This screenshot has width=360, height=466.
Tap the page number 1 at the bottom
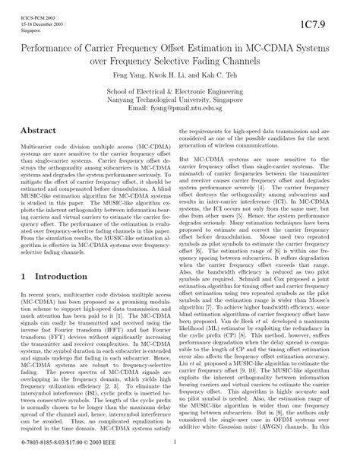(x=179, y=455)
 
